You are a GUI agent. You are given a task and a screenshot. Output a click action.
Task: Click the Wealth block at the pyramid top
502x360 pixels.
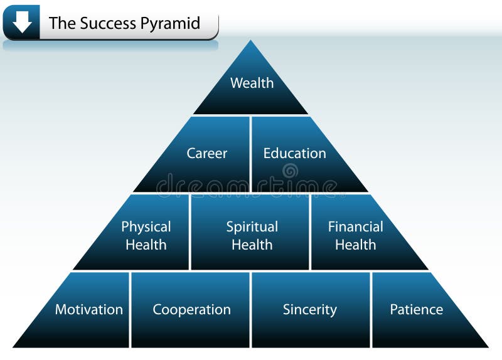coord(252,88)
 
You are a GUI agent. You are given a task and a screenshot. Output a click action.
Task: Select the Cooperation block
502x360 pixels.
coord(191,310)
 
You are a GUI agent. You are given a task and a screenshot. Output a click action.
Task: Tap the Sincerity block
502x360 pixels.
coord(310,310)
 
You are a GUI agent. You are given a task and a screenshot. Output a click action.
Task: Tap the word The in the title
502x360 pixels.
coord(61,24)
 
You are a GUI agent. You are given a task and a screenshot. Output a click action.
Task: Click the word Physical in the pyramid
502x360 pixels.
coord(146,226)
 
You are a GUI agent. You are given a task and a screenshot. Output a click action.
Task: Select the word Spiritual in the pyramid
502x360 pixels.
coord(252,226)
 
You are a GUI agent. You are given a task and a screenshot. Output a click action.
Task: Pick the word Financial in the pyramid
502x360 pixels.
coord(355,226)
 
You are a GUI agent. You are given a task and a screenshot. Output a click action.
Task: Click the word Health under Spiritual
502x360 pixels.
coord(252,245)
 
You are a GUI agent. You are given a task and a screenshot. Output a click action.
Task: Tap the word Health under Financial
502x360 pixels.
coord(355,245)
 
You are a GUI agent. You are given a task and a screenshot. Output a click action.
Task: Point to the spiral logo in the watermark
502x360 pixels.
coord(289,171)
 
